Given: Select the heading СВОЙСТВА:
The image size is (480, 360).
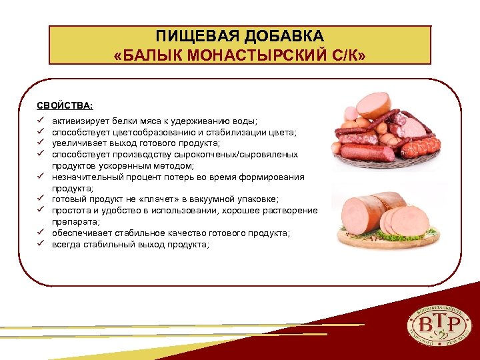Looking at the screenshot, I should click(65, 105).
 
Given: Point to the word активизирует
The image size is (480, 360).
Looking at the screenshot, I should click(77, 121).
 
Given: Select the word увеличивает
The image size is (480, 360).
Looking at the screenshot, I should click(76, 143).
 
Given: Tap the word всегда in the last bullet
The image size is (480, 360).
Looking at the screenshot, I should click(65, 244).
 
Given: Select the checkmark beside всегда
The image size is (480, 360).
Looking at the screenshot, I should click(41, 244).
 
